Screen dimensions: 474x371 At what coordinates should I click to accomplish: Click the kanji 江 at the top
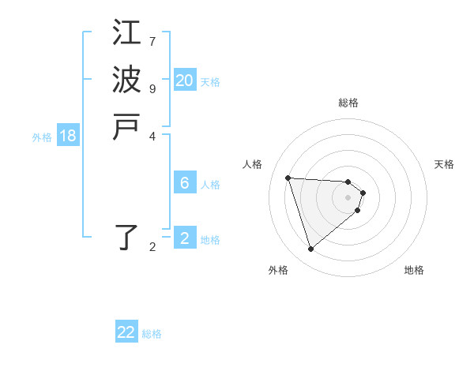pos(126,33)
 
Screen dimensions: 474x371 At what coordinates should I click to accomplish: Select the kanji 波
pos(126,80)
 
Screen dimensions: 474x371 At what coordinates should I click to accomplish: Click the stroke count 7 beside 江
pos(152,41)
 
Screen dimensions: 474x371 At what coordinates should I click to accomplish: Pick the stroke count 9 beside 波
pos(152,88)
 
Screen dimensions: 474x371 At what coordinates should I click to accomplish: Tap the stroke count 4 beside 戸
pos(152,135)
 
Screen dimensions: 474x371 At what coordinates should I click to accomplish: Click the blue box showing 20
pos(184,81)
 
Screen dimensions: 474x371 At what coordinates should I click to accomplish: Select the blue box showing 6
pos(184,183)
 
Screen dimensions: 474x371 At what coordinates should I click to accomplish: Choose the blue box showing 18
pos(68,136)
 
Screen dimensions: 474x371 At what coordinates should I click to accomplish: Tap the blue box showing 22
pos(126,332)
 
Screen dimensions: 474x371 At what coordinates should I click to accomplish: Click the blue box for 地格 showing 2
pos(184,238)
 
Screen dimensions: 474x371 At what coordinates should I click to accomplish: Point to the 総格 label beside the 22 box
pos(152,334)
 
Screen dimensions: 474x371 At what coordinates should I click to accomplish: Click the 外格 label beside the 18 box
pos(42,137)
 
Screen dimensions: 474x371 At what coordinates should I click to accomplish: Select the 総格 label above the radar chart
pos(348,103)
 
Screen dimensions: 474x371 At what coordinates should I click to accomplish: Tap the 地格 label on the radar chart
pos(414,270)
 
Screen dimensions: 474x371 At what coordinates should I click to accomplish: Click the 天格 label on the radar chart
pos(444,164)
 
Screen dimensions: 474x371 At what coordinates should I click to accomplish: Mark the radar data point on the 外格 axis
pos(310,249)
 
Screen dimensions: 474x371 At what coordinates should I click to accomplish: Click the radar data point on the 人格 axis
pos(288,178)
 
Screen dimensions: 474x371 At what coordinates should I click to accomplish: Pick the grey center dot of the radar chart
pos(348,197)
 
